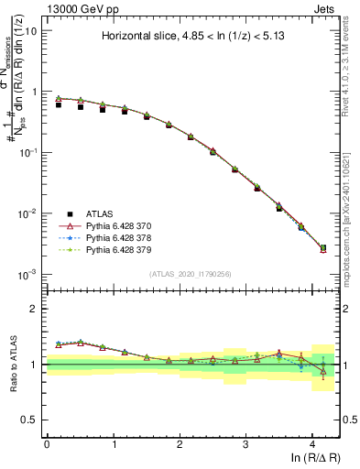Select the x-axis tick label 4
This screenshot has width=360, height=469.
pyautogui.click(x=312, y=443)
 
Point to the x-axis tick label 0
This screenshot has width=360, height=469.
pyautogui.click(x=47, y=443)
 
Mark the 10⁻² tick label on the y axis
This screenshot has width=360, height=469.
pyautogui.click(x=27, y=213)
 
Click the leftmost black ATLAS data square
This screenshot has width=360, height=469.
pyautogui.click(x=59, y=105)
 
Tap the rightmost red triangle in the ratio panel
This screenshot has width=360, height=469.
pyautogui.click(x=322, y=372)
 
